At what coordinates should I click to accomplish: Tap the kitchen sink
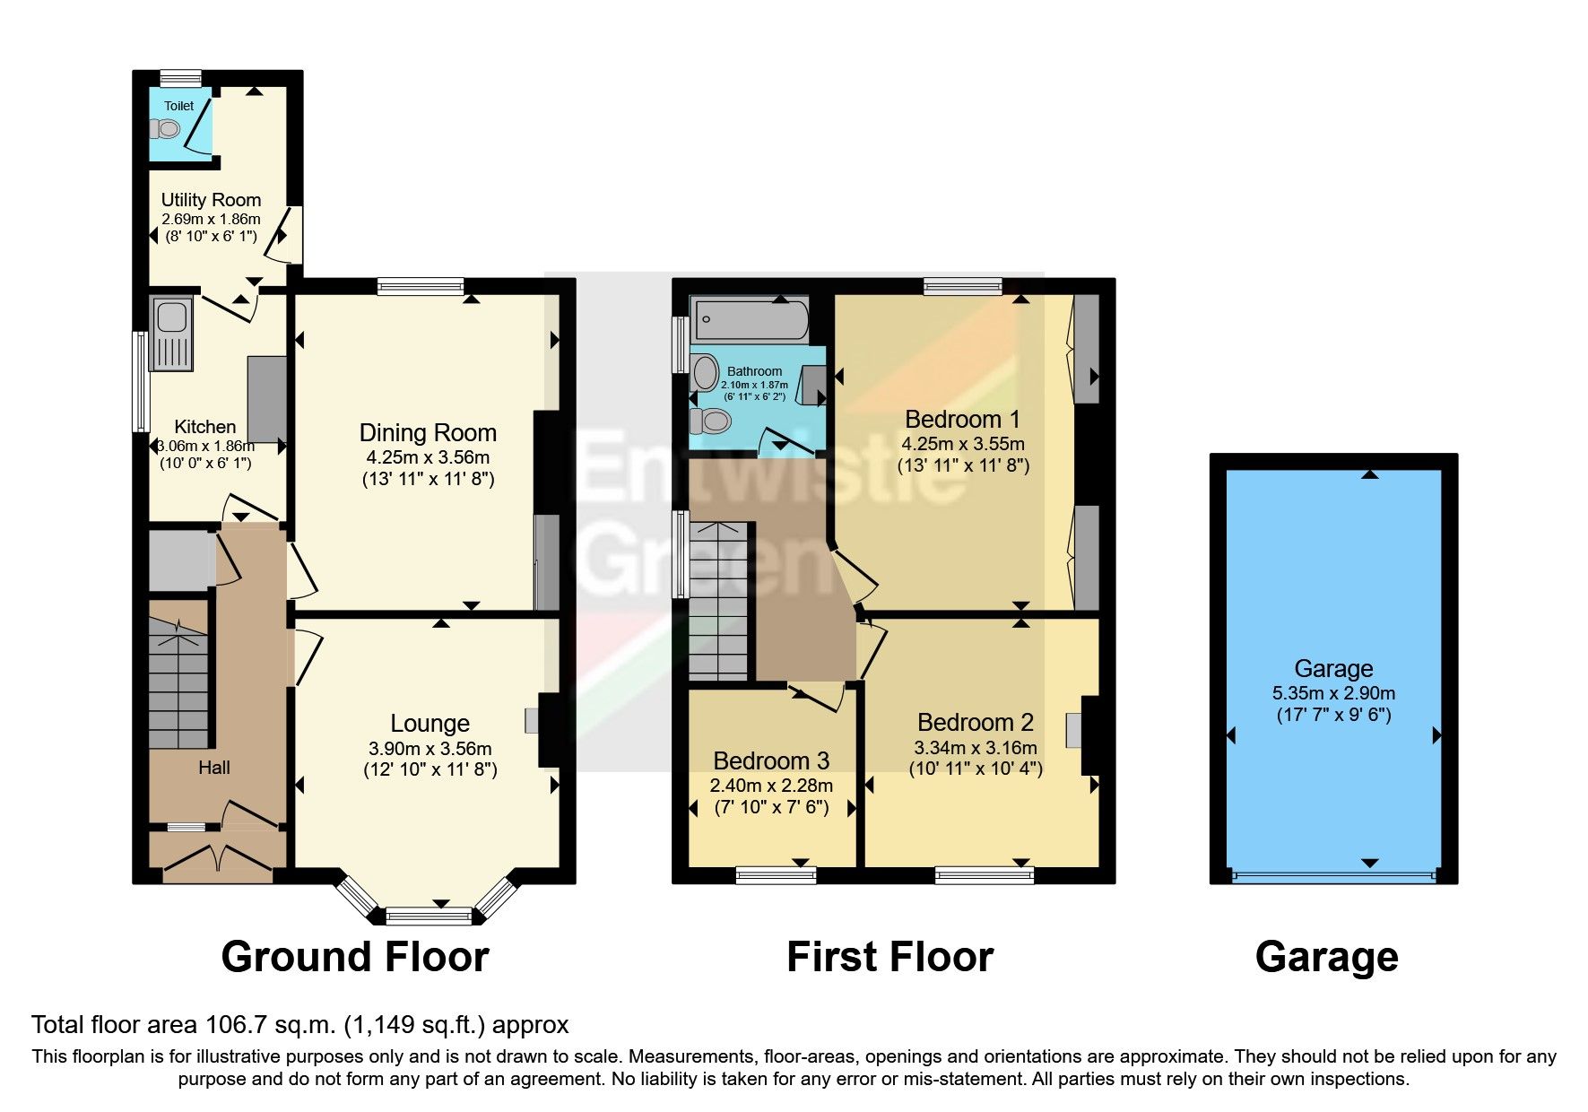click(x=170, y=317)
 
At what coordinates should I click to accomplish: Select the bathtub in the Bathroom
click(x=751, y=318)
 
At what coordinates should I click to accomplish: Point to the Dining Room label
click(x=428, y=433)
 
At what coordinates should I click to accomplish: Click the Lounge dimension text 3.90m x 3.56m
click(x=430, y=749)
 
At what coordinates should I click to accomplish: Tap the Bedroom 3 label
click(x=771, y=761)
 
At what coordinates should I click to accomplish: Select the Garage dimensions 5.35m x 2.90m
click(x=1333, y=693)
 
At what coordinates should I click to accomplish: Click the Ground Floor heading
click(x=355, y=957)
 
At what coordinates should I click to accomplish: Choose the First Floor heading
click(x=889, y=957)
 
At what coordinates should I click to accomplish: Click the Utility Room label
click(x=211, y=200)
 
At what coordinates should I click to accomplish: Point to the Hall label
click(x=214, y=768)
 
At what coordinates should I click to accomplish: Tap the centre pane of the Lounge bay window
click(x=429, y=917)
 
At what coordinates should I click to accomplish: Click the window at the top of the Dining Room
click(x=421, y=286)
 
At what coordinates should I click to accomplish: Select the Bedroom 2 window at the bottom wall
click(x=984, y=873)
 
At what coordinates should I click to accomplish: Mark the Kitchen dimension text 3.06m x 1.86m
click(x=205, y=446)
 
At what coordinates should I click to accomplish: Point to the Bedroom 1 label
click(x=962, y=420)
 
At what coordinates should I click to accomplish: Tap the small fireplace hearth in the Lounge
click(x=532, y=721)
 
